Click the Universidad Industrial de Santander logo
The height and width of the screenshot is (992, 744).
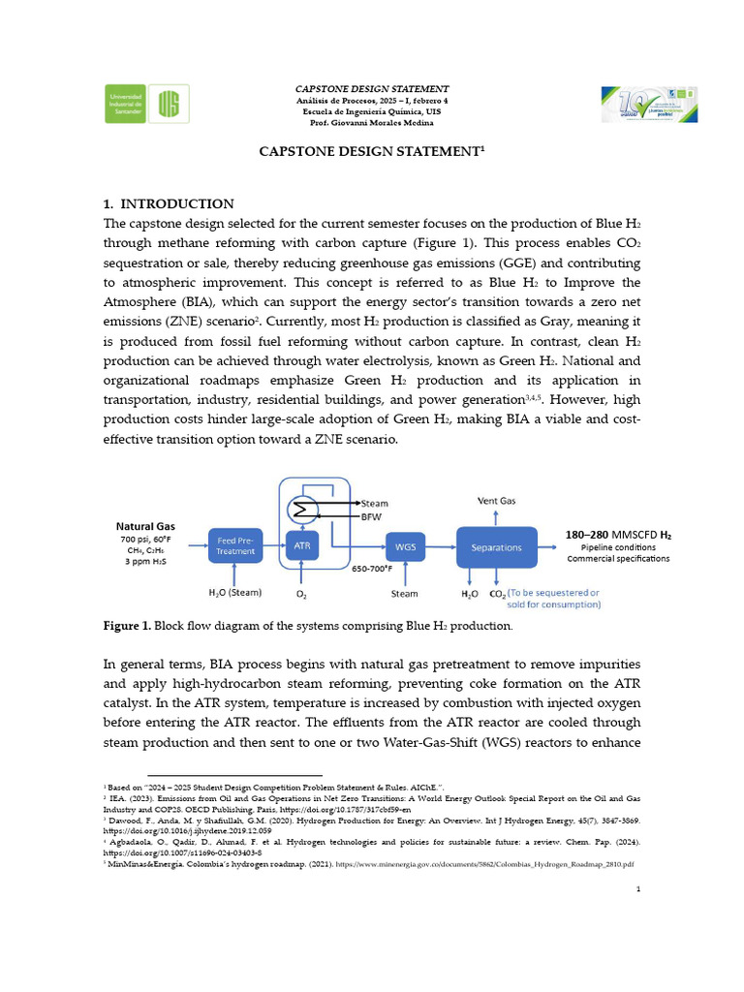coord(147,103)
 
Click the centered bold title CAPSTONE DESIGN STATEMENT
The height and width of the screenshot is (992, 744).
coord(371,152)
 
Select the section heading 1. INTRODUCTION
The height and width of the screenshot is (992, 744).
coord(169,203)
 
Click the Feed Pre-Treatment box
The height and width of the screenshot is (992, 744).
coord(236,545)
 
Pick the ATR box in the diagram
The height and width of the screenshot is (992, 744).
coord(300,545)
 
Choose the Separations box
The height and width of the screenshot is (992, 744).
coord(496,546)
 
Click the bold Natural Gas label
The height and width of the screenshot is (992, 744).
coord(145,526)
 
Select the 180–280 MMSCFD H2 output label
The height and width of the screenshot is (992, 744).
coord(618,534)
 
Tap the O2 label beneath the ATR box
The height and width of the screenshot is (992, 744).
coord(300,593)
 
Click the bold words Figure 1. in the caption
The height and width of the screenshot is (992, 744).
coord(127,627)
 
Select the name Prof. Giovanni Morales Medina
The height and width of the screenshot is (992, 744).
coord(371,123)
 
